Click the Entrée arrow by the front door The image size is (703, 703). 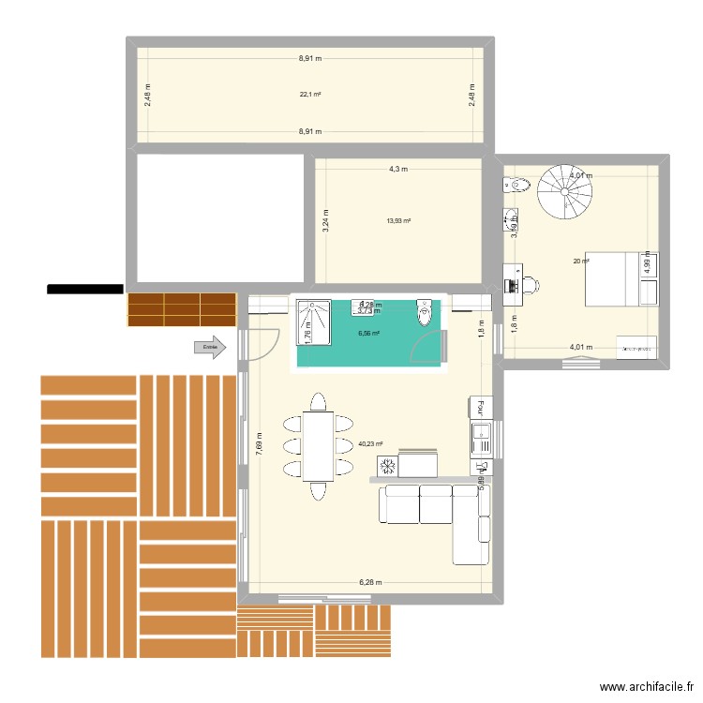pos(210,348)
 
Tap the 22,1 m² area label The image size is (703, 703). pos(310,94)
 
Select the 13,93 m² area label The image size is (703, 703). pos(398,221)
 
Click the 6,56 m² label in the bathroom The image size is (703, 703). pos(368,333)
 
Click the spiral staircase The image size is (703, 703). pos(565,192)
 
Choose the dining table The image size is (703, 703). pos(318,444)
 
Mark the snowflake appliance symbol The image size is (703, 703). pos(385,465)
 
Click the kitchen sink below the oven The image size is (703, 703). pos(480,433)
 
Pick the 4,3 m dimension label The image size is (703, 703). pos(398,169)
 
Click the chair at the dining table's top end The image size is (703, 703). pos(318,402)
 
